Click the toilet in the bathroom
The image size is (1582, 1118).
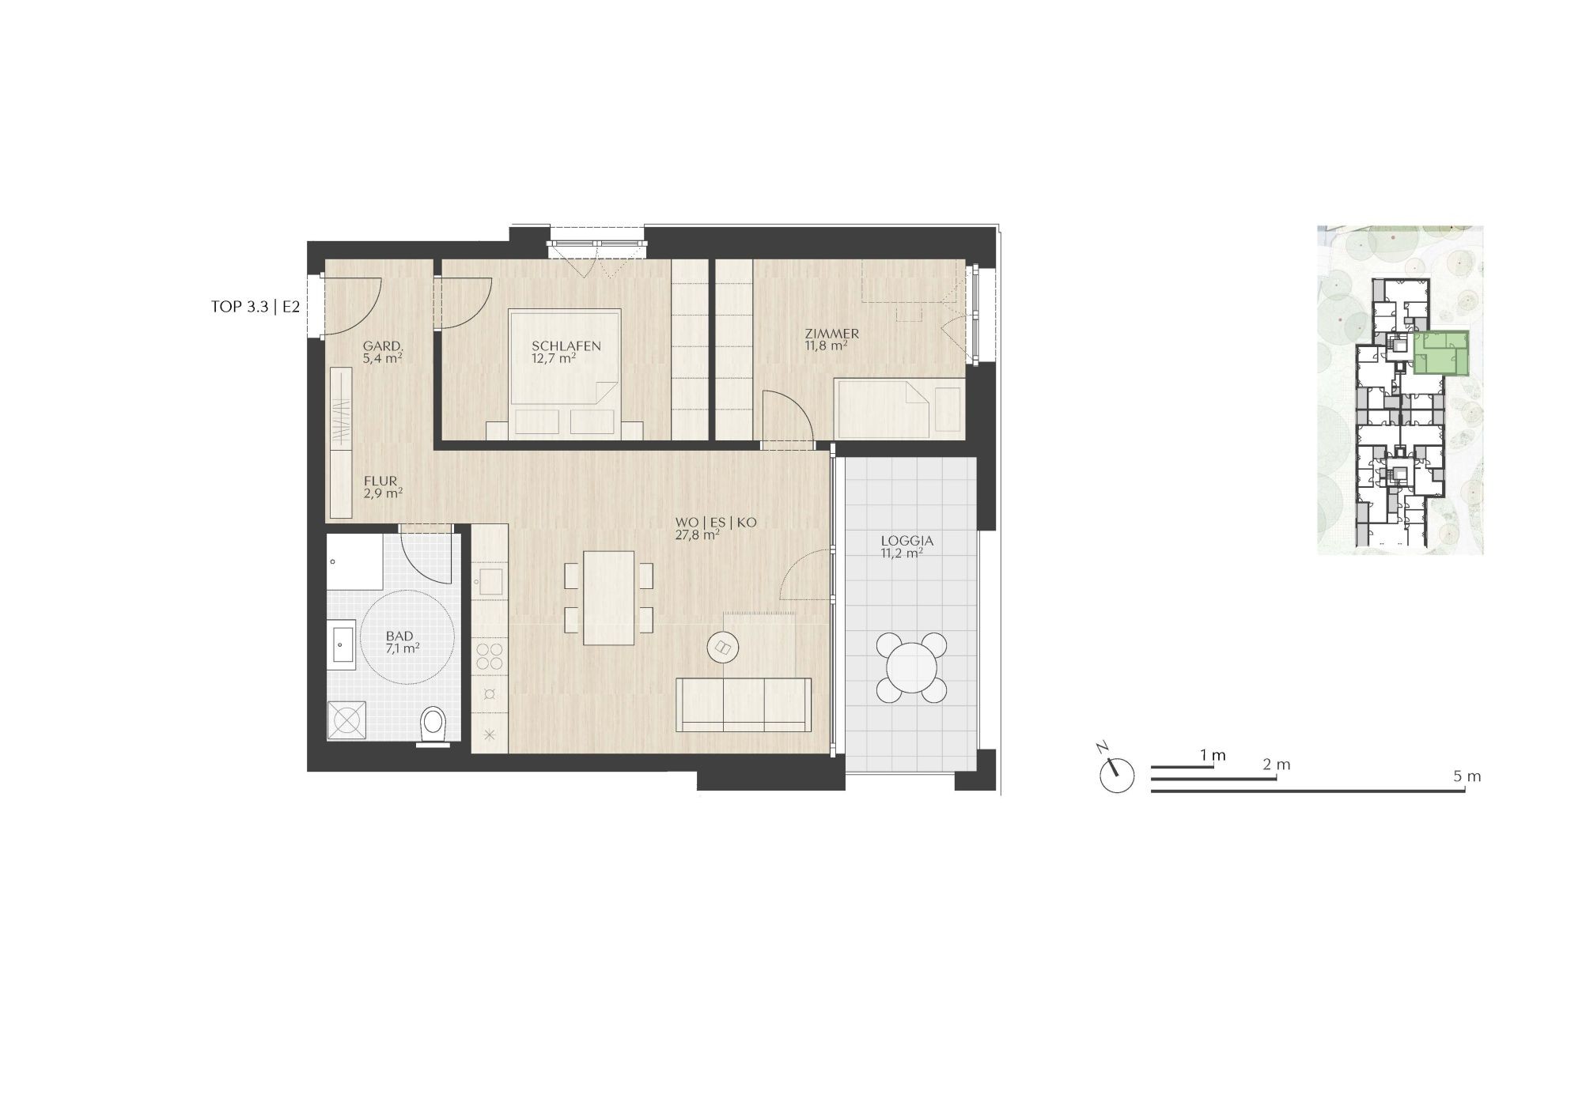(x=433, y=724)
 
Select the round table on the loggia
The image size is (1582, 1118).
(x=911, y=667)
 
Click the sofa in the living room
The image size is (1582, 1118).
(x=744, y=704)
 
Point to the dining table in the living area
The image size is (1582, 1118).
(x=608, y=598)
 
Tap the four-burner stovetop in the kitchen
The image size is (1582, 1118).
(x=490, y=658)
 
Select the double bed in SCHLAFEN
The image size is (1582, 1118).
(x=566, y=374)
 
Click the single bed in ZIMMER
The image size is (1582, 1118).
(x=899, y=408)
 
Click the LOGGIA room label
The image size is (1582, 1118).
(x=907, y=542)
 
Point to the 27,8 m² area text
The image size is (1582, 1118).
(x=697, y=534)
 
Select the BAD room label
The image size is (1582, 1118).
(x=399, y=636)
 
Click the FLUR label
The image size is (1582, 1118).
(x=380, y=481)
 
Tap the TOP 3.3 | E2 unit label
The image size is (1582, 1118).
(x=255, y=308)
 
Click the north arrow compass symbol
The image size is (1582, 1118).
(x=1115, y=772)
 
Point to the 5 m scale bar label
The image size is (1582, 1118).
(x=1467, y=776)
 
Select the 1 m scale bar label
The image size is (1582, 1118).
(x=1213, y=755)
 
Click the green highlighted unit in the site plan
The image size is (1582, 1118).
(x=1440, y=353)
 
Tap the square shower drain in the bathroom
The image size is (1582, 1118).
(x=347, y=720)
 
